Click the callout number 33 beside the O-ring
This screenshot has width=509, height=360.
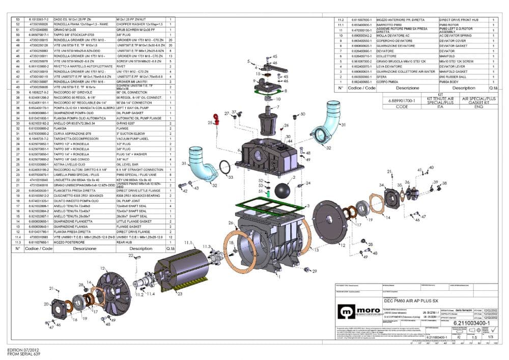point(230,177)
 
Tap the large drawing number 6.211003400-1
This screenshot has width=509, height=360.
point(471,323)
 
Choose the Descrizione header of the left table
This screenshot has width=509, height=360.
point(84,248)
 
